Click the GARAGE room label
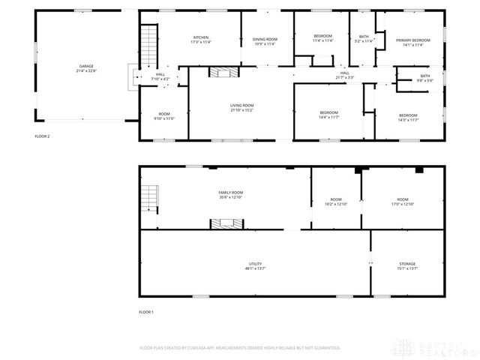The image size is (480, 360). tap(81, 67)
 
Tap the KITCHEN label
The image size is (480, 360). tap(200, 37)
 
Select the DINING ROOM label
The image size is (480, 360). tap(265, 39)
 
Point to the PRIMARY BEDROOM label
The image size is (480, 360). tap(413, 40)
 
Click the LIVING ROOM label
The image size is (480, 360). tap(241, 106)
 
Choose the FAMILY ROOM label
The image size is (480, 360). tap(231, 193)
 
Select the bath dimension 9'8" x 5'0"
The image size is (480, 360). tap(425, 80)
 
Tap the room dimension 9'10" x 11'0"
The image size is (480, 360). tap(164, 118)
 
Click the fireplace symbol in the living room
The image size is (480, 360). tap(223, 73)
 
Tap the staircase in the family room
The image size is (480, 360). tap(148, 199)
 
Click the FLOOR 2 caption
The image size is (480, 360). tap(42, 136)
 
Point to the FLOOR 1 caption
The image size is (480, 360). tap(146, 311)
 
